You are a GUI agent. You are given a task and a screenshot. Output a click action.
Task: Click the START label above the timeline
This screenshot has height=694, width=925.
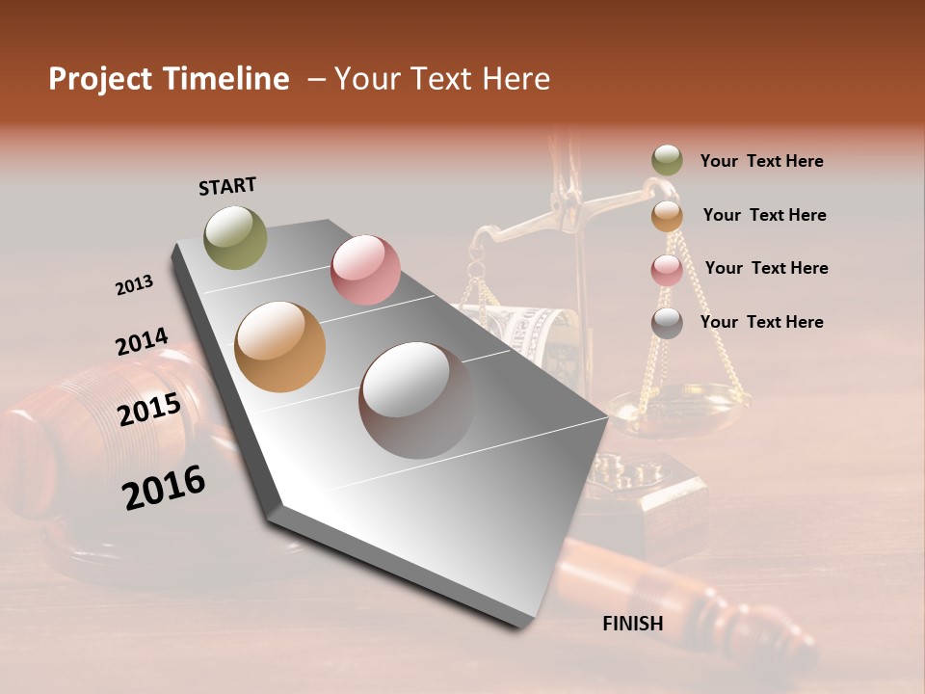pyautogui.click(x=227, y=186)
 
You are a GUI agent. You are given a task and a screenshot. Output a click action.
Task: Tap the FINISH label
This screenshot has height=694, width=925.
pyautogui.click(x=633, y=624)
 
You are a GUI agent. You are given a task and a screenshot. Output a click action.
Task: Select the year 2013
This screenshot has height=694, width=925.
pyautogui.click(x=135, y=285)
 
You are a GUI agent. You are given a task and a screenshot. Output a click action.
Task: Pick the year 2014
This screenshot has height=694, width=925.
pyautogui.click(x=142, y=342)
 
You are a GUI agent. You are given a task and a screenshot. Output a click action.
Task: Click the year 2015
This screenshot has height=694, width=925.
pyautogui.click(x=149, y=410)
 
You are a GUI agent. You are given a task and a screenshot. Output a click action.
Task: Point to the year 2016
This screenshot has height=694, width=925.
pyautogui.click(x=164, y=488)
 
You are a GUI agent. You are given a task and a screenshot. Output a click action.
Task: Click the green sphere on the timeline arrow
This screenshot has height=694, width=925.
pyautogui.click(x=236, y=237)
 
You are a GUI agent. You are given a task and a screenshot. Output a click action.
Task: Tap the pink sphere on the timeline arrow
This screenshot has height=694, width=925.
pyautogui.click(x=365, y=270)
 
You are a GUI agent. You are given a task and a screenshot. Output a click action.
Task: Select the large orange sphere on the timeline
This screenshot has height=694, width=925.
pyautogui.click(x=280, y=347)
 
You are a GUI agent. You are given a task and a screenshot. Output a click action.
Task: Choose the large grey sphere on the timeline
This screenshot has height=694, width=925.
pyautogui.click(x=416, y=399)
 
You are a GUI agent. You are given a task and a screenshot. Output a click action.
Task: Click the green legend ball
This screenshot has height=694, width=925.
pyautogui.click(x=667, y=160)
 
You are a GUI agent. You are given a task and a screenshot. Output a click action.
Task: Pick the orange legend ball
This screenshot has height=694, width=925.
pyautogui.click(x=667, y=215)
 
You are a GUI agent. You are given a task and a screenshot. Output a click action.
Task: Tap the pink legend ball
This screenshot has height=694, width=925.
pyautogui.click(x=667, y=269)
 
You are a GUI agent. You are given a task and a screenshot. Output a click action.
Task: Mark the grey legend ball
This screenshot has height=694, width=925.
pyautogui.click(x=667, y=323)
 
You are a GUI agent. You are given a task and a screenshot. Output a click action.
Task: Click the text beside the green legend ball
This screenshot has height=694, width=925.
pyautogui.click(x=761, y=162)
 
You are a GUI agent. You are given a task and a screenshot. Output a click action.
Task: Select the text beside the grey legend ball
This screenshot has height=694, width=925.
pyautogui.click(x=761, y=322)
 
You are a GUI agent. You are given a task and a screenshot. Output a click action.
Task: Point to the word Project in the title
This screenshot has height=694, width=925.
pyautogui.click(x=102, y=79)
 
